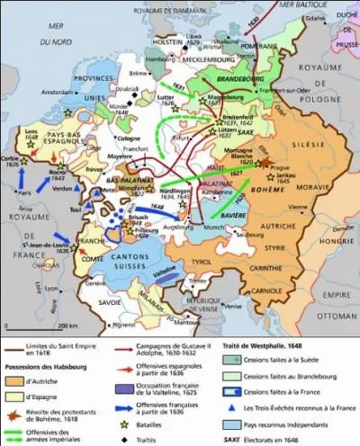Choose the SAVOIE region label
click(x=109, y=301)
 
